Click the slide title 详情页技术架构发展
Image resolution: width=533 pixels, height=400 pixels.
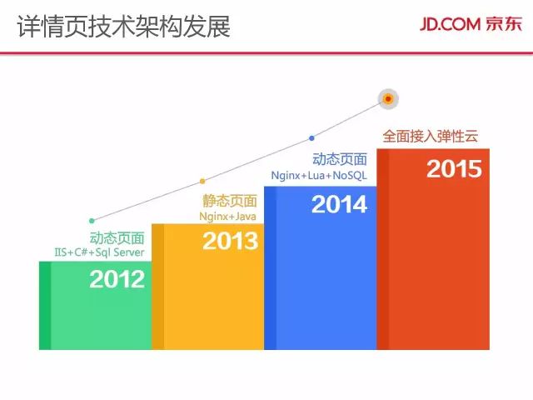124,26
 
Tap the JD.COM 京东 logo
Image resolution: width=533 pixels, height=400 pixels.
471,24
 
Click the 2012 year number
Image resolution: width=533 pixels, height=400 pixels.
117,279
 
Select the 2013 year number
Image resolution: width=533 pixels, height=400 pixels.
231,241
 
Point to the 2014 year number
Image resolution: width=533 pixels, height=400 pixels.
339,204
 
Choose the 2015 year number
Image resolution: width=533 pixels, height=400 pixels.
454,168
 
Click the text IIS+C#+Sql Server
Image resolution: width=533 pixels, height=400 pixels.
100,252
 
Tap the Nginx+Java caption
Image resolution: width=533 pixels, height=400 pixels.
227,217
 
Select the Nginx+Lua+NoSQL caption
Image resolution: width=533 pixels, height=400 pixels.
319,176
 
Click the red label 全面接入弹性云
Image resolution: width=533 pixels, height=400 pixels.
431,136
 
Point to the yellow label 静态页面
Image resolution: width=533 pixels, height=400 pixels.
230,201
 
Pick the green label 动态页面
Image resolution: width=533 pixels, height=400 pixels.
117,237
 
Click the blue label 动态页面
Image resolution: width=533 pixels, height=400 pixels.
340,159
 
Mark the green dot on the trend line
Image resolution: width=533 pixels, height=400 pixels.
92,221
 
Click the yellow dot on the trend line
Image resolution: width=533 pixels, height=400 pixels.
202,182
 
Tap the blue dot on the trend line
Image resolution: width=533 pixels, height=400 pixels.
311,138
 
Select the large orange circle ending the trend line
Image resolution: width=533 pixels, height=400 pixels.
388,99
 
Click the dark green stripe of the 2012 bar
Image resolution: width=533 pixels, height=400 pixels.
45,306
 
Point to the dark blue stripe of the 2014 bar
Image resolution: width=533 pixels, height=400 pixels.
270,268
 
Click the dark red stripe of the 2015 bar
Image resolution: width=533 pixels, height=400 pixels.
383,249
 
